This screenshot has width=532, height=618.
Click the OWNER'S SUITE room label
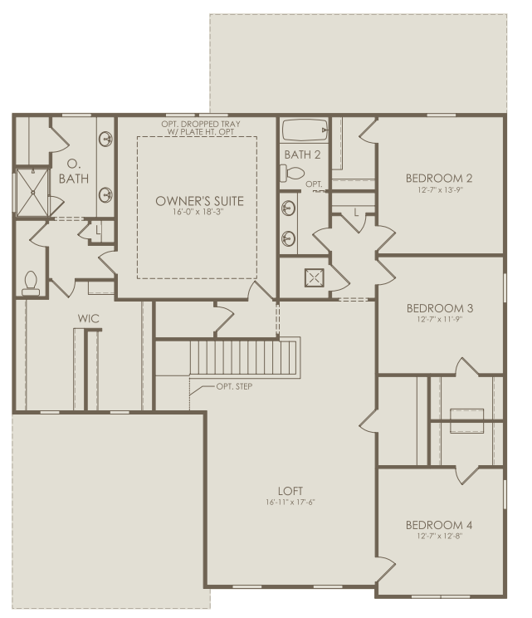197,201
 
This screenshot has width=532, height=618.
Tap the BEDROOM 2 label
439,178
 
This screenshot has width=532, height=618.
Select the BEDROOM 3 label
439,307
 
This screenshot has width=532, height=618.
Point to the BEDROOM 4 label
439,525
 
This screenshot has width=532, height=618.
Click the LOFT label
291,490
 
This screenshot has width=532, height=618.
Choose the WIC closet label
89,318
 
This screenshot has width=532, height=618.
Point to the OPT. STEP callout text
234,386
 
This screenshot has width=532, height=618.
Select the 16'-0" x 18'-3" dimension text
197,213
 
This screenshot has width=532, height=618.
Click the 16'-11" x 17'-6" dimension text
291,502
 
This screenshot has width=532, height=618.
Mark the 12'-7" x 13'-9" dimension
439,189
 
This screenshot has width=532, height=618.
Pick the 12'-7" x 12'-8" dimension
439,537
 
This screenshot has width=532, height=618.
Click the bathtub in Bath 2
304,130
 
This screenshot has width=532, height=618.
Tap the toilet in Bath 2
292,174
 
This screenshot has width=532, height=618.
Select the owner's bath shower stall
32,192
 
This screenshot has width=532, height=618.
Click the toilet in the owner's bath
32,283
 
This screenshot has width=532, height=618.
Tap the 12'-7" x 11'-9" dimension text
439,319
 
